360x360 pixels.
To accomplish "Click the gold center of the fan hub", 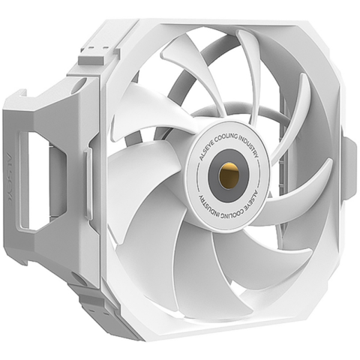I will [x=228, y=174].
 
